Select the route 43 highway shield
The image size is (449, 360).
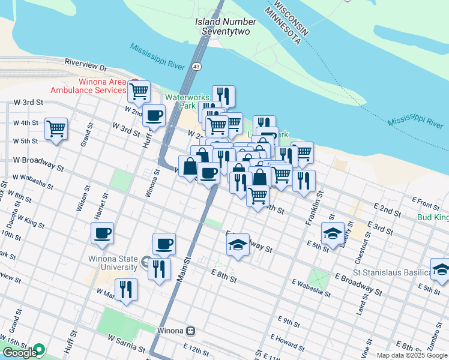pyautogui.click(x=196, y=67)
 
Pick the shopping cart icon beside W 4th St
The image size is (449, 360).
pyautogui.click(x=56, y=128)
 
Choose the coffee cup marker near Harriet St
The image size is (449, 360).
pyautogui.click(x=102, y=233)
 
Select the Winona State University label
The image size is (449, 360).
pyautogui.click(x=110, y=263)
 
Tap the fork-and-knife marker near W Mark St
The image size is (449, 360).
pyautogui.click(x=126, y=290)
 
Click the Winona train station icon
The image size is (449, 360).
pyautogui.click(x=190, y=331)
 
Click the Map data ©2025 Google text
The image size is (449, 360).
pyautogui.click(x=412, y=355)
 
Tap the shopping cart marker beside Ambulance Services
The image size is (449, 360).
pyautogui.click(x=139, y=91)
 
